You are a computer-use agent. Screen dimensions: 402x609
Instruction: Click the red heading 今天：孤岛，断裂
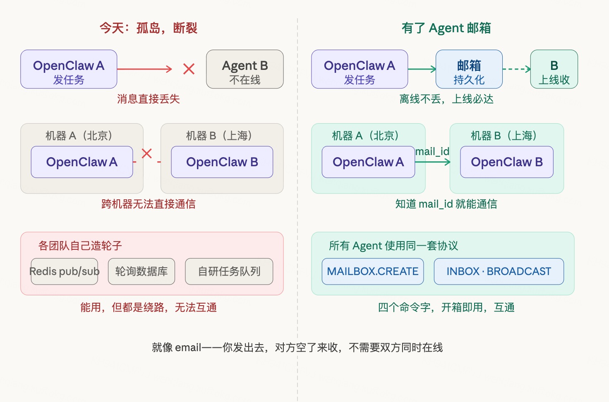[149, 28]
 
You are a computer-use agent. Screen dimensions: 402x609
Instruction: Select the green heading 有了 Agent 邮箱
[446, 28]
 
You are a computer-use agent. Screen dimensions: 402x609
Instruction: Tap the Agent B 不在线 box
[245, 69]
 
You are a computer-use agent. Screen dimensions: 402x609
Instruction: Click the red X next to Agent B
[189, 69]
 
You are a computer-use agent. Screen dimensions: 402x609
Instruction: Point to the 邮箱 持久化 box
[469, 69]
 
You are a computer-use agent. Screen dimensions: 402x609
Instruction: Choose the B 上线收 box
[554, 69]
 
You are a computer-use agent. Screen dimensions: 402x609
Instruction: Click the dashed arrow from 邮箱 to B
[516, 69]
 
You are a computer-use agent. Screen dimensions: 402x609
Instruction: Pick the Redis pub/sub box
[65, 272]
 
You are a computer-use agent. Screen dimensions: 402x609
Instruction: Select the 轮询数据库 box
[141, 272]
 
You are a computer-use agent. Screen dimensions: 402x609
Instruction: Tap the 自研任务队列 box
[229, 272]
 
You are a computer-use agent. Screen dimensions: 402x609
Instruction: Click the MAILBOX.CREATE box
[373, 272]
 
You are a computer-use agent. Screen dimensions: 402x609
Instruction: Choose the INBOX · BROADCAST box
[499, 272]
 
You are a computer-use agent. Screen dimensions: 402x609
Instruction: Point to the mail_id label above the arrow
[432, 152]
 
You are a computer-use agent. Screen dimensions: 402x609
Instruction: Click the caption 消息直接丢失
[149, 99]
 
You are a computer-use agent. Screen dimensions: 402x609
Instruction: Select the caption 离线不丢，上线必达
[446, 99]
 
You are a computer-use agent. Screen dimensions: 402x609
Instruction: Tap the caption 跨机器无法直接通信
[149, 204]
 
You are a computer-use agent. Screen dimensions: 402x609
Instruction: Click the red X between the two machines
[147, 153]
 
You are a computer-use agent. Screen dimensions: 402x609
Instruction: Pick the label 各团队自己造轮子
[80, 246]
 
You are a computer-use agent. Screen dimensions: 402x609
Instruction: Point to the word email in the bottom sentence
[188, 347]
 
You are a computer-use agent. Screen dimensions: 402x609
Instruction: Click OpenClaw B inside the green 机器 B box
[506, 162]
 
